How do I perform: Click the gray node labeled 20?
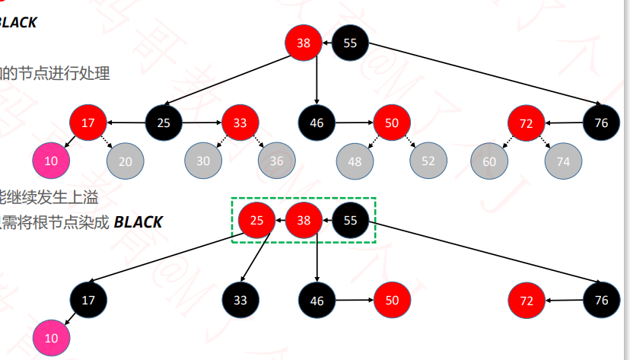tap(126, 161)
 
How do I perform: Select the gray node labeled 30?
tap(203, 161)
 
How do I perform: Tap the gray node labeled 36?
tap(276, 161)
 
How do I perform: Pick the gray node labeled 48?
tap(355, 161)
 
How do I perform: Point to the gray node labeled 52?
tap(428, 161)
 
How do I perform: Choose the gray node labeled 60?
tap(489, 161)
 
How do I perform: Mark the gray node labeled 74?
tap(563, 161)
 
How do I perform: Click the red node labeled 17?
tap(88, 123)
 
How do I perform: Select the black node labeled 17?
tap(88, 300)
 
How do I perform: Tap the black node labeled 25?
tap(164, 123)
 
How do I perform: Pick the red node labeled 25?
tap(257, 221)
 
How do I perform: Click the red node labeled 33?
tap(240, 123)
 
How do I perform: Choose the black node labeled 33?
tap(240, 300)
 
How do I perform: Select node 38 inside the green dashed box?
tap(304, 221)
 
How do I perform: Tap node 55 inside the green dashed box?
tap(351, 221)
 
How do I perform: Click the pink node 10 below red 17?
tap(51, 161)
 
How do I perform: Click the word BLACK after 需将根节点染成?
tap(138, 222)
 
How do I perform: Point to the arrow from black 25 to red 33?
tap(202, 123)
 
